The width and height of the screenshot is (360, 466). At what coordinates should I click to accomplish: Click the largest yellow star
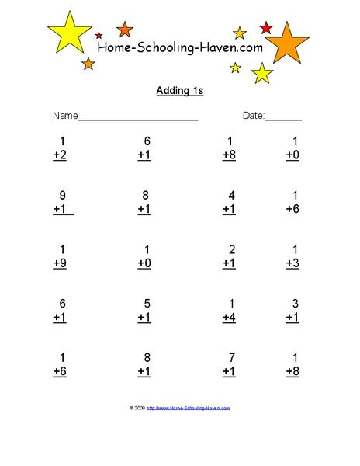pos(70,34)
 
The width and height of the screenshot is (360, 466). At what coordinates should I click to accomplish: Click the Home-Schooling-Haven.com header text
pos(180,48)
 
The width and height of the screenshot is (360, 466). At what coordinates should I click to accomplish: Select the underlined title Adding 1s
pos(179,92)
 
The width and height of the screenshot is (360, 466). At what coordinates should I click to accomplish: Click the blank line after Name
pos(139,118)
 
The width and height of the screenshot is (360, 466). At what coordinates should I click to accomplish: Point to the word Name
pos(65,116)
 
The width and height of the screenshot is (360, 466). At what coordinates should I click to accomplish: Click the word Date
pos(254,116)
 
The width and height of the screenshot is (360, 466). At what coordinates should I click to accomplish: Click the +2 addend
pos(61,155)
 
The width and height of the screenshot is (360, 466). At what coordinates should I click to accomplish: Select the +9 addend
pos(61,263)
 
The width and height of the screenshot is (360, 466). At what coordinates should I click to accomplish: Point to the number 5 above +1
pos(147,304)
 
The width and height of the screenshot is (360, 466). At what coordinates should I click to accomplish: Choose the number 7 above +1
pos(231,357)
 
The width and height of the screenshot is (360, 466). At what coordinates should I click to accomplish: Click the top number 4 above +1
pos(231,196)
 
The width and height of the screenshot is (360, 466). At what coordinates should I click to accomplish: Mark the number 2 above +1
pos(231,249)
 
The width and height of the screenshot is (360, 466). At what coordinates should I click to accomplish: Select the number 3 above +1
pos(296,304)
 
